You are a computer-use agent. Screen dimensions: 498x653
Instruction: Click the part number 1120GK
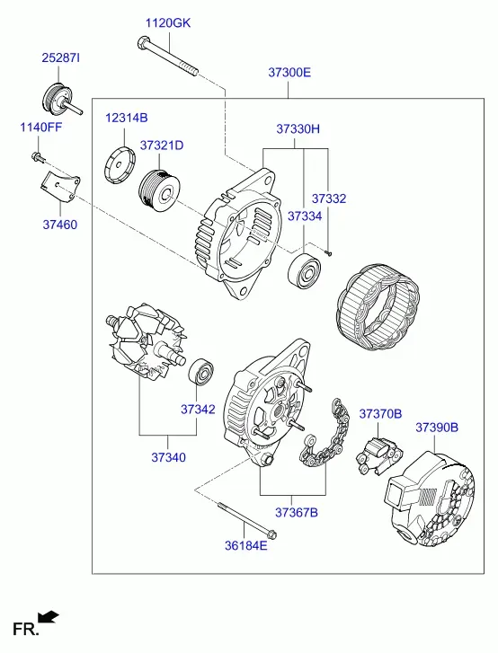pyautogui.click(x=168, y=23)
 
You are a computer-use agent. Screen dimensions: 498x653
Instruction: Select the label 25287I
pyautogui.click(x=60, y=57)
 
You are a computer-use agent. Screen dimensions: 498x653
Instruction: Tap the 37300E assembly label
pyautogui.click(x=289, y=73)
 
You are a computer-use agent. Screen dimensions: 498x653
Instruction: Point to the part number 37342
pyautogui.click(x=198, y=410)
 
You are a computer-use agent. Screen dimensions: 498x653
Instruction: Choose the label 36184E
pyautogui.click(x=246, y=545)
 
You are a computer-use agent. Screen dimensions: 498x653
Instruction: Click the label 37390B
pyautogui.click(x=437, y=428)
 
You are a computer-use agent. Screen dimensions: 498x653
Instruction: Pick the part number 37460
pyautogui.click(x=60, y=225)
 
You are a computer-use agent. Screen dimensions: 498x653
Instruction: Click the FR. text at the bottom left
pyautogui.click(x=26, y=629)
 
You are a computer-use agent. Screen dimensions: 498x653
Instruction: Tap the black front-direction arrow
pyautogui.click(x=49, y=617)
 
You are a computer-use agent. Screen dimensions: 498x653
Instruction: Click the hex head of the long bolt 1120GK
pyautogui.click(x=142, y=42)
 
